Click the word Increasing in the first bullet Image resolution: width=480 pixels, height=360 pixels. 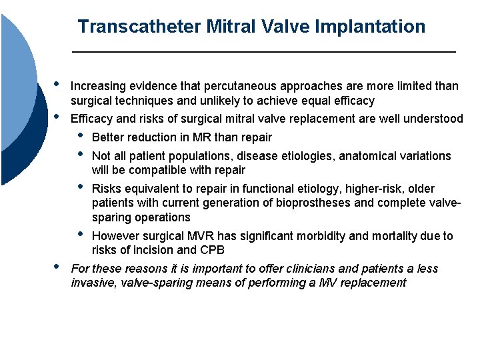(x=95, y=86)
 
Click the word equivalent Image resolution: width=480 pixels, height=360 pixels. (x=153, y=188)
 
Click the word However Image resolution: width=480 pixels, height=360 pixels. (x=114, y=236)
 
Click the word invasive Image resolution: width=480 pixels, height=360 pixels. (x=93, y=283)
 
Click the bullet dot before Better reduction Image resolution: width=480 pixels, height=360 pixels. (x=81, y=136)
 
